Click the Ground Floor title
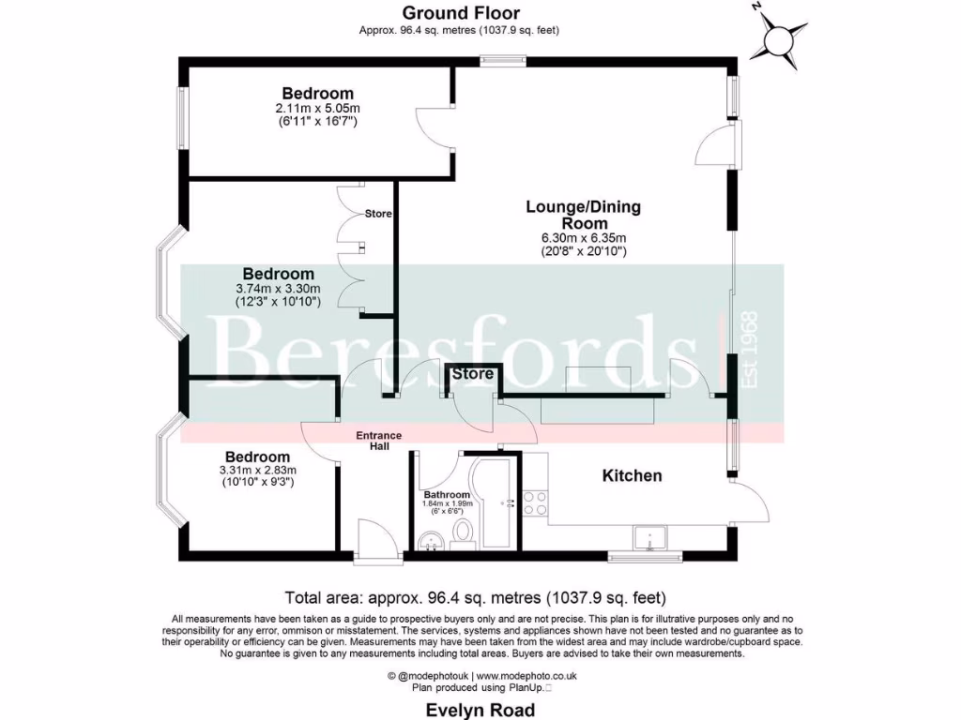click(x=460, y=12)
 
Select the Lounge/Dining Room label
click(x=583, y=216)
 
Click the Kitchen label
click(x=632, y=476)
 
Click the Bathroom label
click(x=446, y=494)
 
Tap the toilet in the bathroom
click(x=462, y=533)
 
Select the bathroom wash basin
click(x=432, y=539)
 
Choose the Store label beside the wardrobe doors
click(x=378, y=215)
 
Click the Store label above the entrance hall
click(x=473, y=374)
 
